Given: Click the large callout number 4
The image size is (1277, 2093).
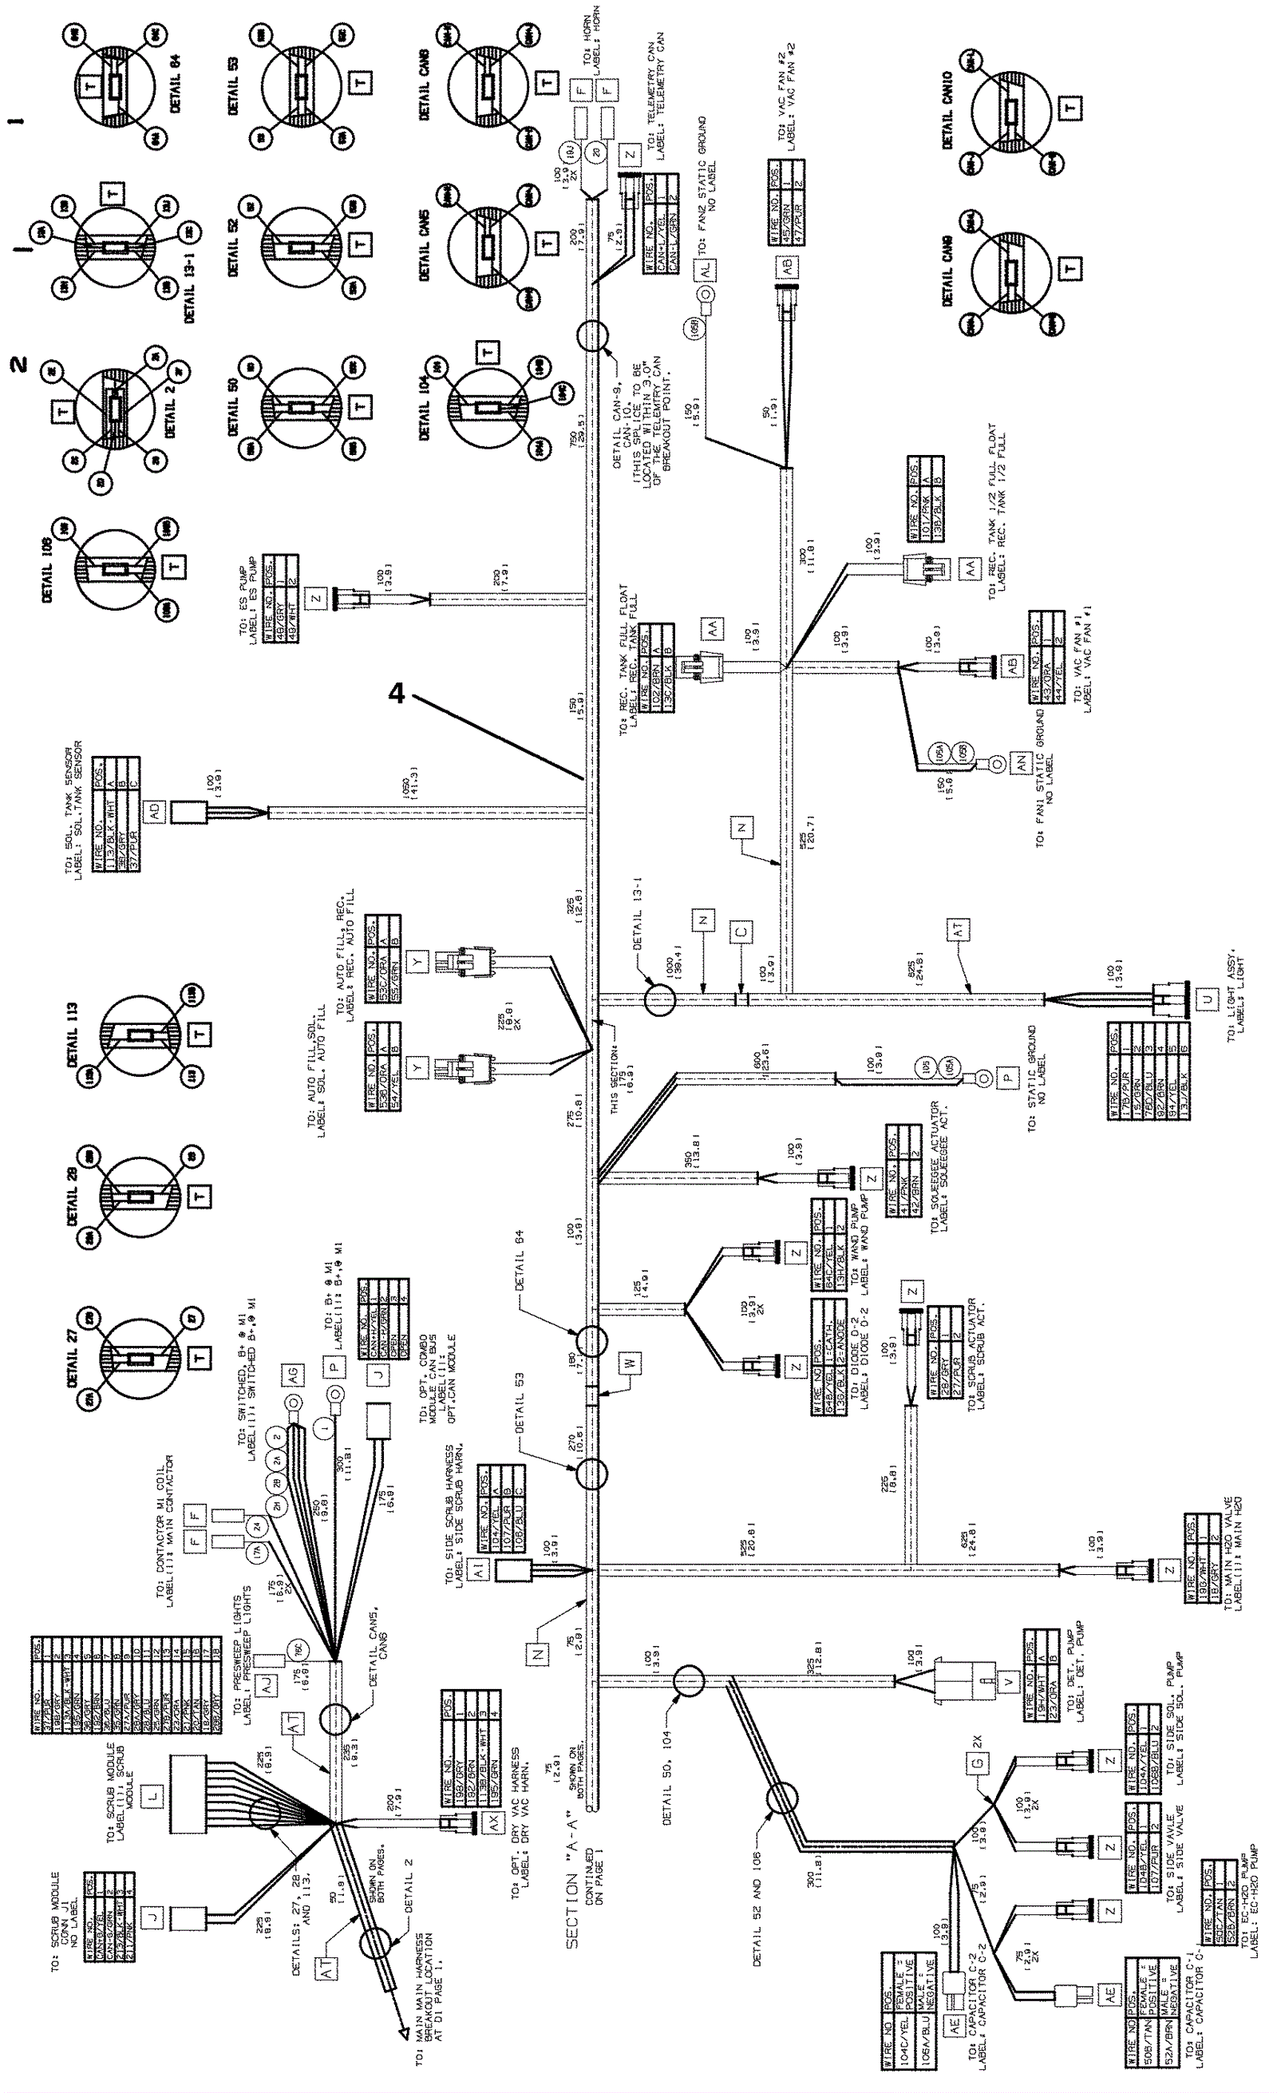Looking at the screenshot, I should (397, 694).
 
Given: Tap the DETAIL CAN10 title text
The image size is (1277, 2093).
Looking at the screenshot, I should (947, 110).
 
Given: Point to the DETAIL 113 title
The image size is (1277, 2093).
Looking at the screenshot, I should (73, 1034).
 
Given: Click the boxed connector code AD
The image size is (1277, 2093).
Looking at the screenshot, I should (154, 811).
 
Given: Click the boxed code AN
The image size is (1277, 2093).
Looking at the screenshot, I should (1020, 764).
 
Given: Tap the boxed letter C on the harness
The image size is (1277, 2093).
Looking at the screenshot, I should (741, 932).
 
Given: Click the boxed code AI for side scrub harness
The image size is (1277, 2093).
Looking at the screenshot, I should (480, 1572).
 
